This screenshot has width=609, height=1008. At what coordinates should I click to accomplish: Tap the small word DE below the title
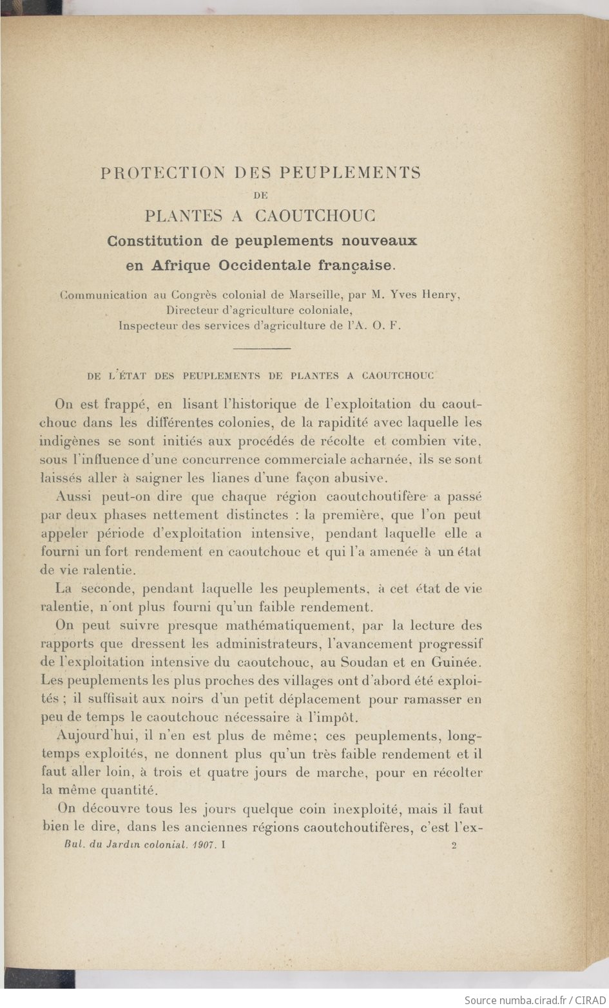pos(260,194)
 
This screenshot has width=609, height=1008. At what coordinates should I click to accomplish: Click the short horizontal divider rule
pos(260,348)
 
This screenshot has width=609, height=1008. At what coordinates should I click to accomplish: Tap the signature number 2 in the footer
pos(454,847)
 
